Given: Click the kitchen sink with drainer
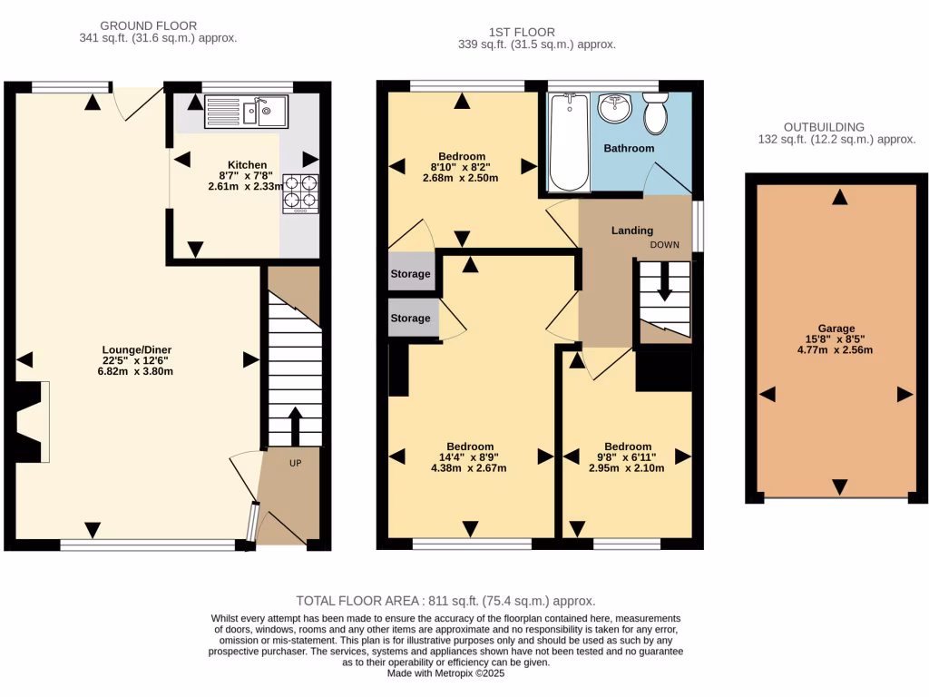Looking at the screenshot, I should [x=246, y=112].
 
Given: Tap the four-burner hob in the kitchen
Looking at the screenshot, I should [x=302, y=193].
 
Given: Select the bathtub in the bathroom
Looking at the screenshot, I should [x=570, y=142].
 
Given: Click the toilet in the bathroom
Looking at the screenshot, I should [x=655, y=114].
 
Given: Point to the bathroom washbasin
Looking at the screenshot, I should [x=616, y=108].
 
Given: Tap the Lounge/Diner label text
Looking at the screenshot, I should [x=138, y=349].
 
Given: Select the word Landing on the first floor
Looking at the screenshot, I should [x=631, y=231].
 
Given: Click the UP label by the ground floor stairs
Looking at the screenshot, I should [x=295, y=463].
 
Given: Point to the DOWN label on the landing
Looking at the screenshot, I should [x=664, y=245].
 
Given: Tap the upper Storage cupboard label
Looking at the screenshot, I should [x=410, y=274].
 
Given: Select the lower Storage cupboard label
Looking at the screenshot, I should [x=410, y=319].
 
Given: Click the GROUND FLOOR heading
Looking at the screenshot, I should [x=148, y=25].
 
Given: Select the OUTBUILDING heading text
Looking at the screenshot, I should [x=824, y=127].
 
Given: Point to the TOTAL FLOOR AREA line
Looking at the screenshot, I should [x=445, y=601].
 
